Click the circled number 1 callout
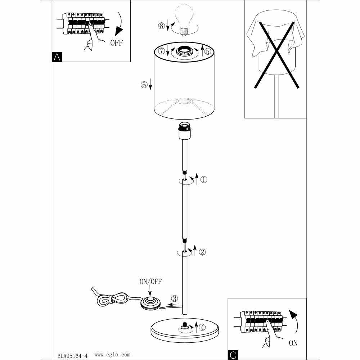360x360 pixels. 204,180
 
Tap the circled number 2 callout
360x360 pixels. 202,252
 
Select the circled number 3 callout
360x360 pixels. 174,298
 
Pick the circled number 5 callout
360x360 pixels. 207,51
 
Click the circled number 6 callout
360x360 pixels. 144,85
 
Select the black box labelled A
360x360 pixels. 57,57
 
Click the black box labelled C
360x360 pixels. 233,355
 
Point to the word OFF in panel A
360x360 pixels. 116,43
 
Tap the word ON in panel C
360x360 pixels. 293,343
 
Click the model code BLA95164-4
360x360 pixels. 72,355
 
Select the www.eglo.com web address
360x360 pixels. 112,355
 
